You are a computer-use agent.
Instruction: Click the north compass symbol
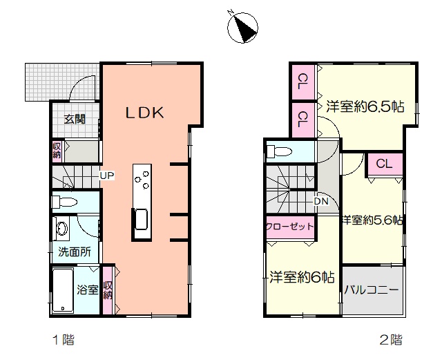242,27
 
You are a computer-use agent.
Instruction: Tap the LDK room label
144,113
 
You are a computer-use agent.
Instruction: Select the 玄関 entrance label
75,119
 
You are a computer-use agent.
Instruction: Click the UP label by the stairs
107,176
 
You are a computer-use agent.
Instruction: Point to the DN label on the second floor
321,201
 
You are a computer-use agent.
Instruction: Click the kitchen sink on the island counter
142,220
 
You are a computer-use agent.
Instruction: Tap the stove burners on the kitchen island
142,179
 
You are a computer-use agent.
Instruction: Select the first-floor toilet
64,202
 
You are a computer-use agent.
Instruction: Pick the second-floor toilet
279,151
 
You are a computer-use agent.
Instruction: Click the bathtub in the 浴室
63,291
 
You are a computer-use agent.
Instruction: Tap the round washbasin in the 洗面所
61,228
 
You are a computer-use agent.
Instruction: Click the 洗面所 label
75,252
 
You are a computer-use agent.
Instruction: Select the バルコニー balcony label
372,290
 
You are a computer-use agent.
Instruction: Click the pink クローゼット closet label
290,227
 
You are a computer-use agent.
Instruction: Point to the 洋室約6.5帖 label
365,106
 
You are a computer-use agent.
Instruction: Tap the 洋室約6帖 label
302,277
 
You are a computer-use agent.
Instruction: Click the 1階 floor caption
64,340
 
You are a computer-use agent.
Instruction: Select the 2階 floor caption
391,340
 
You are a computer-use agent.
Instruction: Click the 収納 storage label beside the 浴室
108,290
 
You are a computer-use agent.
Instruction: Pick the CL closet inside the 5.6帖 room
384,164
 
